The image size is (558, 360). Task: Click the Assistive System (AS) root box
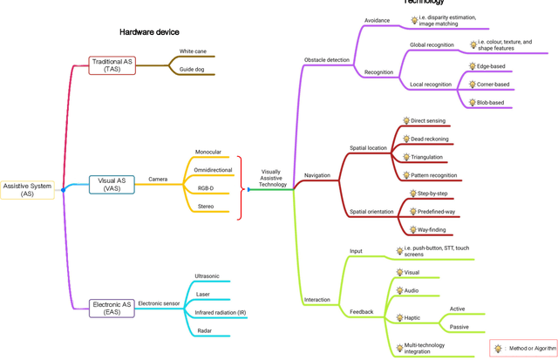tap(28, 189)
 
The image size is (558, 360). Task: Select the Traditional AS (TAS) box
tap(112, 66)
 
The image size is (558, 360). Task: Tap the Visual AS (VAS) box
tap(112, 184)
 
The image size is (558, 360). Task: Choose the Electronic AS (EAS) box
tap(112, 308)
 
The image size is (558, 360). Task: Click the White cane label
tap(193, 52)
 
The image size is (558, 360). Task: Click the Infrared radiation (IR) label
tap(220, 311)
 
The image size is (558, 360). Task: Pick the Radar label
tap(203, 330)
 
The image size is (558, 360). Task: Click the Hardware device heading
tap(149, 32)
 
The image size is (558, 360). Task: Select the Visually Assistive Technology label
tap(272, 178)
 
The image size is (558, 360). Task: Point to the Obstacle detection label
tap(327, 60)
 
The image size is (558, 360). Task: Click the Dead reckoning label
tap(430, 139)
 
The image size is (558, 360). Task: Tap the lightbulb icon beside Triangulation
tap(405, 157)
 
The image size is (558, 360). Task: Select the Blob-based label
tap(490, 102)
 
